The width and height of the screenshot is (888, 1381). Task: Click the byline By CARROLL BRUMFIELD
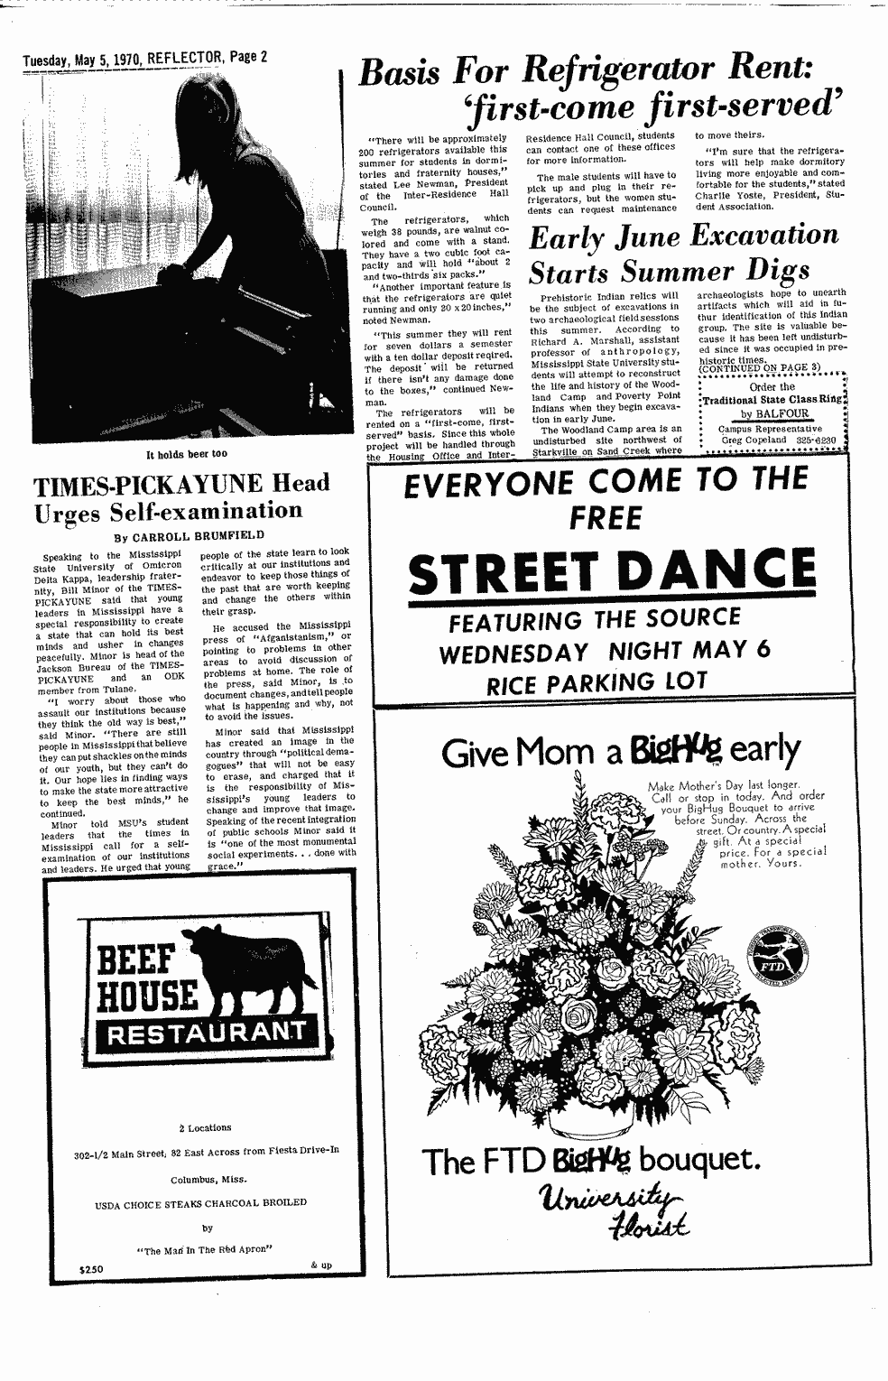[x=190, y=534]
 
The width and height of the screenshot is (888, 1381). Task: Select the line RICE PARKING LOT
[x=610, y=684]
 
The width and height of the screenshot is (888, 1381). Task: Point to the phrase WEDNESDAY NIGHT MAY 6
[x=605, y=651]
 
